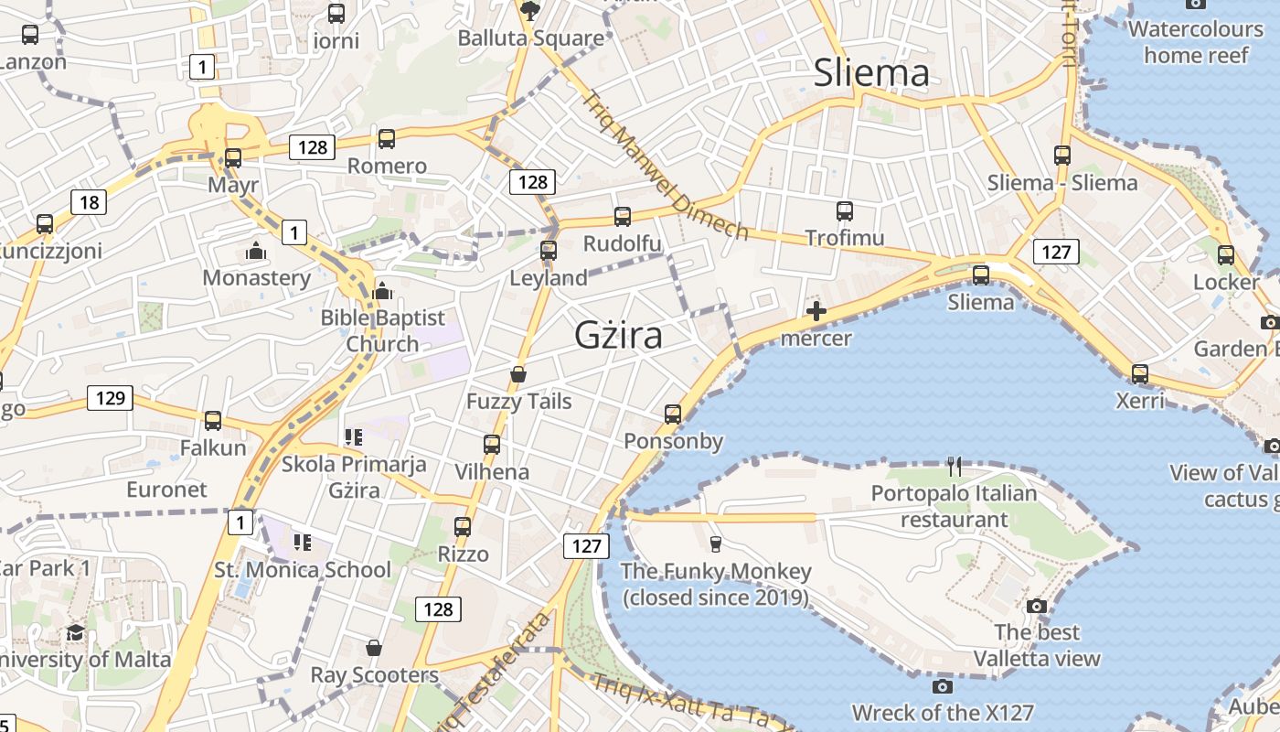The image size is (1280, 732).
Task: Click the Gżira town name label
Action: tap(618, 336)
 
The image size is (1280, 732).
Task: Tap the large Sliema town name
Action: tap(870, 73)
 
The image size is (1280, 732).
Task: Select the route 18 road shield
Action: tap(89, 201)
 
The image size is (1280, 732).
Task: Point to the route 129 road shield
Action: tap(110, 397)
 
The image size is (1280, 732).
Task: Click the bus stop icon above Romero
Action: tap(387, 139)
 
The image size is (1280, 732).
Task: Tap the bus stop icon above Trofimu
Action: tap(845, 211)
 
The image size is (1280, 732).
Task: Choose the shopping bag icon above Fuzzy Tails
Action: tap(518, 374)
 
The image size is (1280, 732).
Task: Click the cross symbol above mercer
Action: tap(816, 312)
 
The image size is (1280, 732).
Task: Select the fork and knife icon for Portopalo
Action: tap(955, 467)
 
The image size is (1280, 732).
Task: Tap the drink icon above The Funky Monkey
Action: tap(716, 544)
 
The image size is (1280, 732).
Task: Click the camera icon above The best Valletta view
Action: tap(1036, 606)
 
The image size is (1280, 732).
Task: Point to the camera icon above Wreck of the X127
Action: tap(943, 686)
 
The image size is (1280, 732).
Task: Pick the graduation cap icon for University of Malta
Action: tap(75, 633)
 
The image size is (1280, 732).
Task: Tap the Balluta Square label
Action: tap(531, 38)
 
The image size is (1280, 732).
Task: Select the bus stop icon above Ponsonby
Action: tap(673, 414)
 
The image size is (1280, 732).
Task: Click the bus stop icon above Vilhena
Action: tap(492, 445)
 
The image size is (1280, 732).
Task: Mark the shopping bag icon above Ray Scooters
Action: tap(374, 648)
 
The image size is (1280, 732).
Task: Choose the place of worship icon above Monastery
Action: tap(256, 251)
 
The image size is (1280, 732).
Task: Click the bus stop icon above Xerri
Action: tap(1140, 373)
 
